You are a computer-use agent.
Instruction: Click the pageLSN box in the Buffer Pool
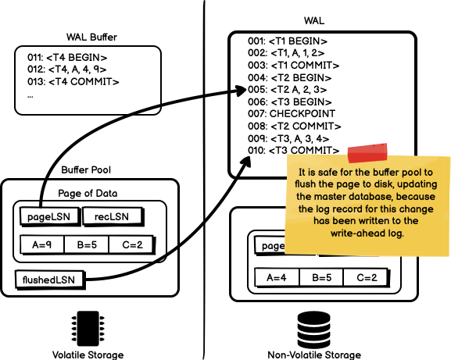[50, 216]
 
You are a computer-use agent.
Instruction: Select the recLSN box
[113, 216]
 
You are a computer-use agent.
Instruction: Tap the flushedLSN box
[49, 280]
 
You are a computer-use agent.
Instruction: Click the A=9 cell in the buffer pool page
[42, 244]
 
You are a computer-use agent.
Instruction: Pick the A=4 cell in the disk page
[277, 277]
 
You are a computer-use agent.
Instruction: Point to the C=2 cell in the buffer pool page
[132, 244]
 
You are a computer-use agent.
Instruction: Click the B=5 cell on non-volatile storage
[321, 277]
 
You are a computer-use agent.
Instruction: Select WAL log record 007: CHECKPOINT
[292, 114]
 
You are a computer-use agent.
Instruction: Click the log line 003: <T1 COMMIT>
[293, 66]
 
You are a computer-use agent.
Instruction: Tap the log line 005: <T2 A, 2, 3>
[287, 90]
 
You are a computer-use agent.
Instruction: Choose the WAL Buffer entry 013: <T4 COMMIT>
[73, 82]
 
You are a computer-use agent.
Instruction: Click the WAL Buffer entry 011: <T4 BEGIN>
[67, 58]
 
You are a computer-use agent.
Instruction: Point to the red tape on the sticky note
[367, 152]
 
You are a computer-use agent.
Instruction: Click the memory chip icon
[88, 328]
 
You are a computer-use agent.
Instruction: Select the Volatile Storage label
[88, 355]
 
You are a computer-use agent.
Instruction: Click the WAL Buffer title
[91, 37]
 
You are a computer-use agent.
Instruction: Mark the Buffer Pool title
[86, 169]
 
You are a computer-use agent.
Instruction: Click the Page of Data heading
[88, 194]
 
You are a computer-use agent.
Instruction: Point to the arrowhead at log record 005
[241, 91]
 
